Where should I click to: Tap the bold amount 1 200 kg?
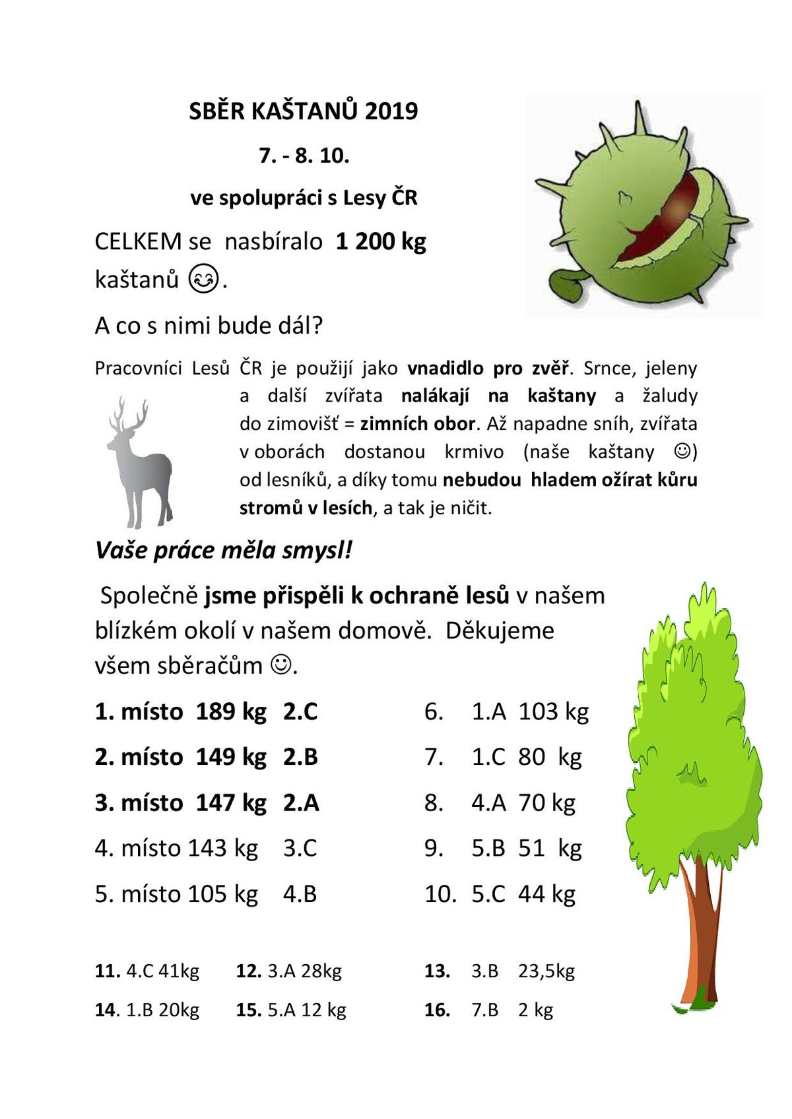381,241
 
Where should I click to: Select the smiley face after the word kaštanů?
203,279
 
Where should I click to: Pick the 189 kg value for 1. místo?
231,711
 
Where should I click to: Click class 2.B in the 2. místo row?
301,757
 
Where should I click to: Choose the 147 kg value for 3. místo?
231,802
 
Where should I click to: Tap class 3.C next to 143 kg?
300,848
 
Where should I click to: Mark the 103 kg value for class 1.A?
553,711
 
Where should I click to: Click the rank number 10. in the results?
440,894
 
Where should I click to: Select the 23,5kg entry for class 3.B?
546,971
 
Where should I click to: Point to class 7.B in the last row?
484,1010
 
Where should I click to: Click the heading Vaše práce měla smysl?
224,550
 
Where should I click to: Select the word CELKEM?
138,241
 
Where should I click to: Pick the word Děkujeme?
500,630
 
